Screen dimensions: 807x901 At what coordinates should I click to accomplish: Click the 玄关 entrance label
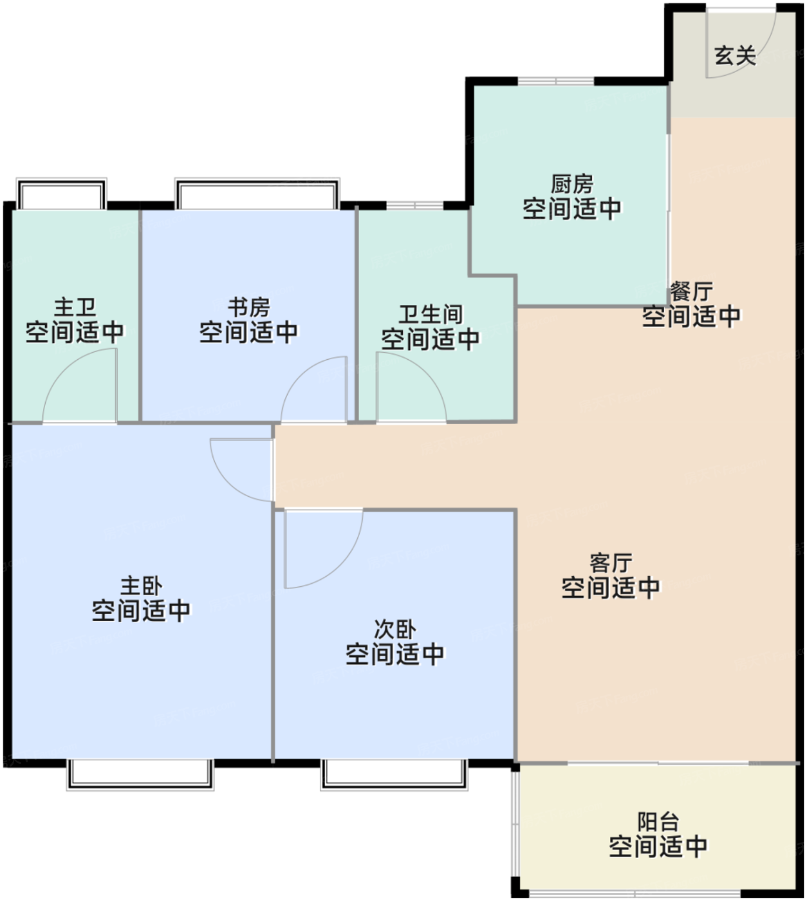tap(735, 56)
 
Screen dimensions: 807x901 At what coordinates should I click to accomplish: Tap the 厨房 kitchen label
tap(572, 183)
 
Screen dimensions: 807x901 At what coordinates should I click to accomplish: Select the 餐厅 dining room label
tap(691, 292)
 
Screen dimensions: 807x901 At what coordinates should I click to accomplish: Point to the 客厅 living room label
tap(611, 563)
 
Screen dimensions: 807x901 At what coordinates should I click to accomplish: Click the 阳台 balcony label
tap(658, 822)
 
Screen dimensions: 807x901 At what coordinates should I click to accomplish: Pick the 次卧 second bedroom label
tap(395, 629)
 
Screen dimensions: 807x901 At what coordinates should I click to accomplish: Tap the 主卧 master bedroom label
tap(142, 586)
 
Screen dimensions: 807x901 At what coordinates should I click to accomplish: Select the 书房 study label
tap(248, 307)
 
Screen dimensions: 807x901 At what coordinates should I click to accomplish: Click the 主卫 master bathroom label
tap(75, 307)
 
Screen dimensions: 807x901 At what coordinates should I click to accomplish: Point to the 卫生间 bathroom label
tap(431, 315)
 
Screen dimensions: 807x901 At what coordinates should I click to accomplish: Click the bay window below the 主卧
tap(140, 774)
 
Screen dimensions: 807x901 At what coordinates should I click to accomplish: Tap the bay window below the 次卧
tap(394, 774)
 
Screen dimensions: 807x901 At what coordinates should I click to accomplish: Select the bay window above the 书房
tap(257, 194)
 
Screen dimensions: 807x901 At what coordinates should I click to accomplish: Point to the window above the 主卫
tap(61, 194)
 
